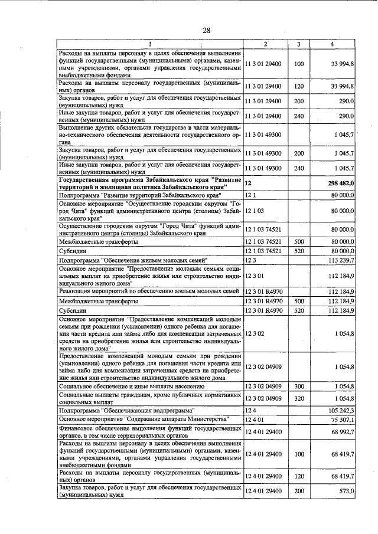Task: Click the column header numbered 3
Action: tap(298, 45)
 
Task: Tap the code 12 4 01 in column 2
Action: tap(255, 418)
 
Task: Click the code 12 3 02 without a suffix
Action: tap(255, 334)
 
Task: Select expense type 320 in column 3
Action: tap(298, 398)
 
